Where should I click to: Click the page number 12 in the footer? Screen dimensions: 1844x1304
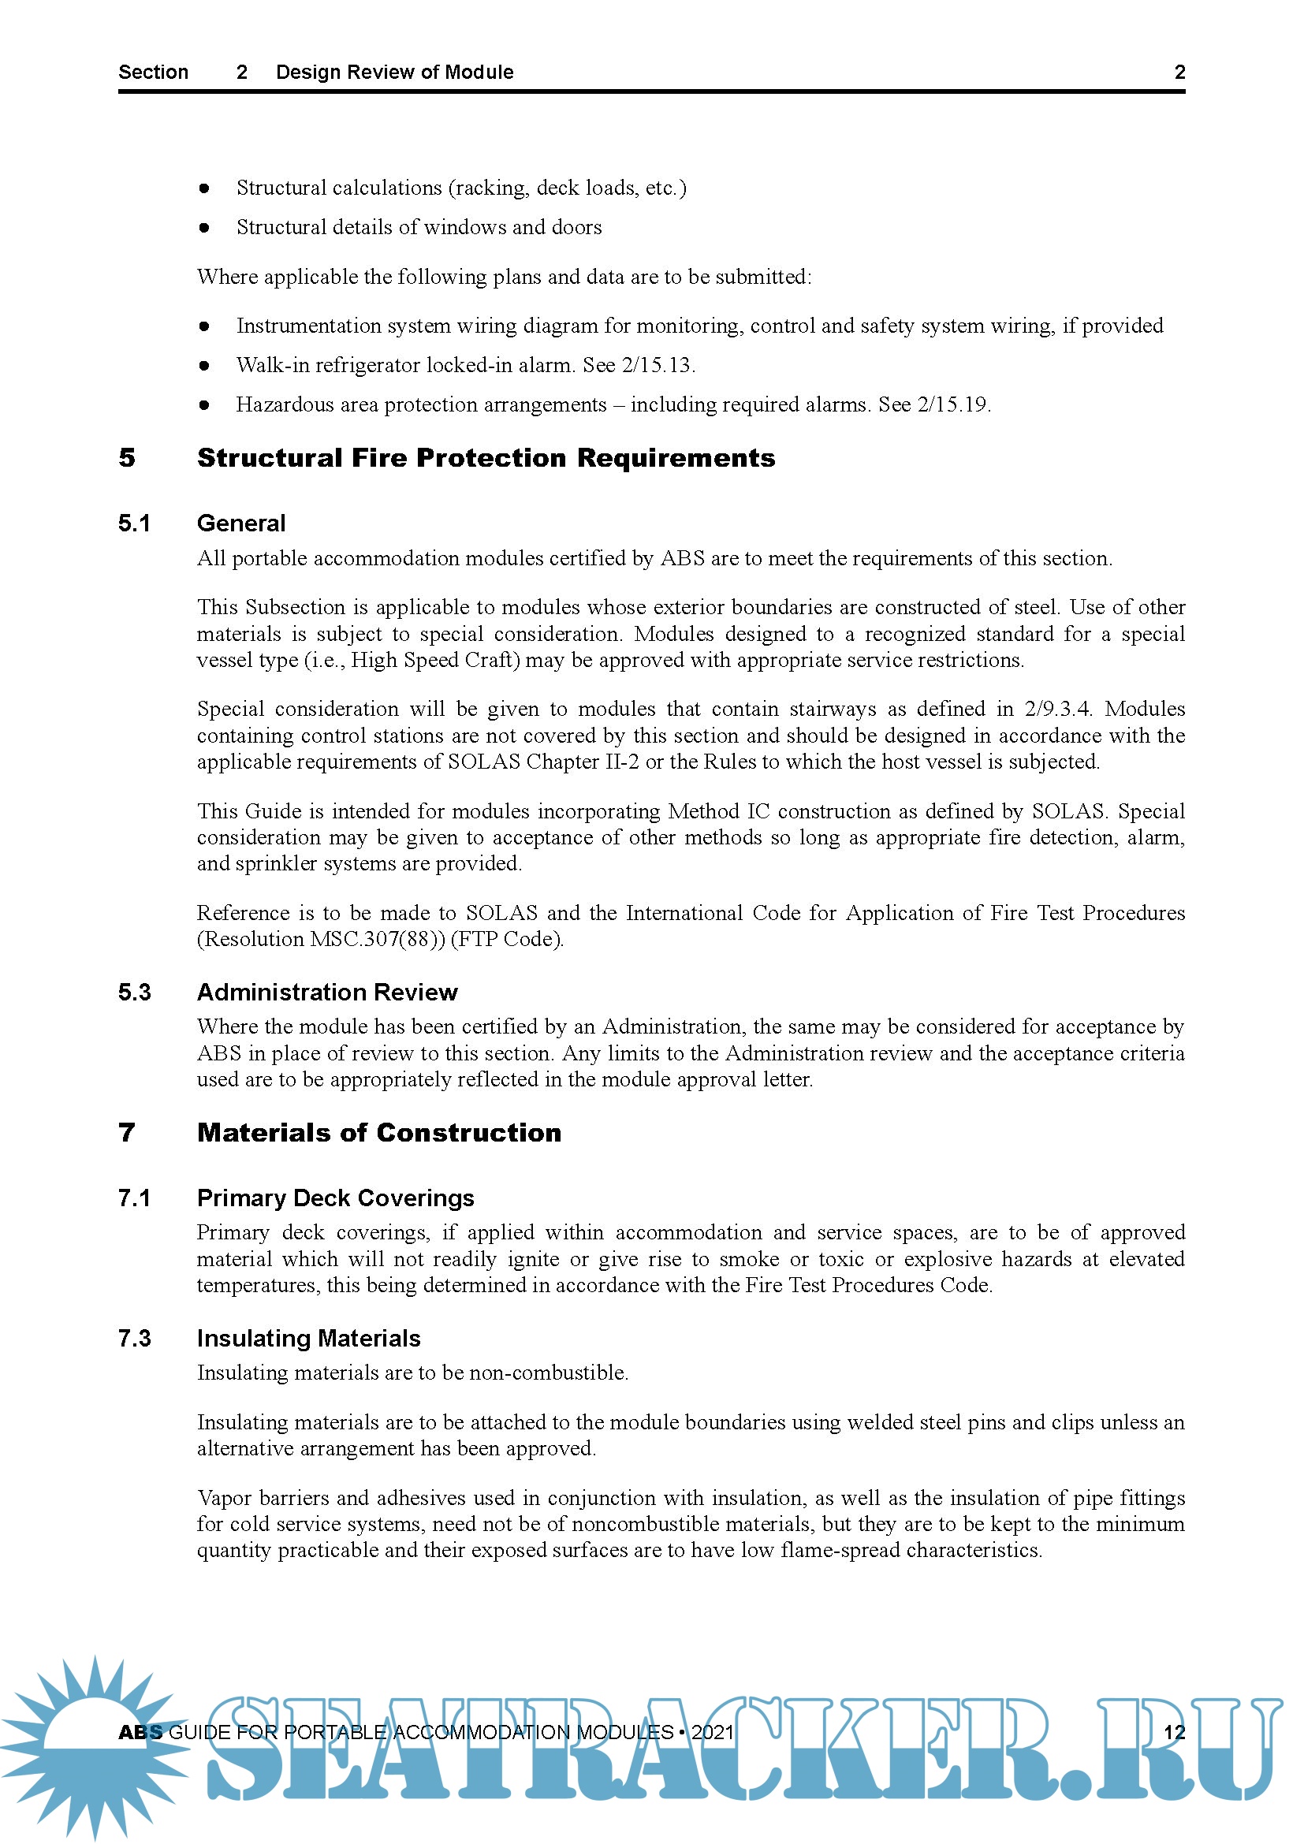pos(1174,1731)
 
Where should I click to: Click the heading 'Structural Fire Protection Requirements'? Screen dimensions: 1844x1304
pos(486,458)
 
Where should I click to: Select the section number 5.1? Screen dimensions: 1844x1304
pos(134,523)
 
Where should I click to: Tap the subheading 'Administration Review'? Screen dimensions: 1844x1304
pos(327,992)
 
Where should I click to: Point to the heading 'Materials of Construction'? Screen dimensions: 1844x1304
pos(379,1132)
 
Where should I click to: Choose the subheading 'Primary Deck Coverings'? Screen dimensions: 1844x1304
pos(335,1198)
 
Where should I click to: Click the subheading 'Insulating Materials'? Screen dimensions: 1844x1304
pos(308,1338)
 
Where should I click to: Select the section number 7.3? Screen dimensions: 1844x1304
pos(134,1338)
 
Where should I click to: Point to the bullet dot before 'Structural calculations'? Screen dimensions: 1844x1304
pos(204,188)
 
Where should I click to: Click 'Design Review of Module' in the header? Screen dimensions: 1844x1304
pos(394,73)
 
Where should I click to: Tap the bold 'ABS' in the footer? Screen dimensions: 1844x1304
pos(140,1732)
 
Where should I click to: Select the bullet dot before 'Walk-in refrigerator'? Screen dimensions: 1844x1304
pos(204,367)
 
